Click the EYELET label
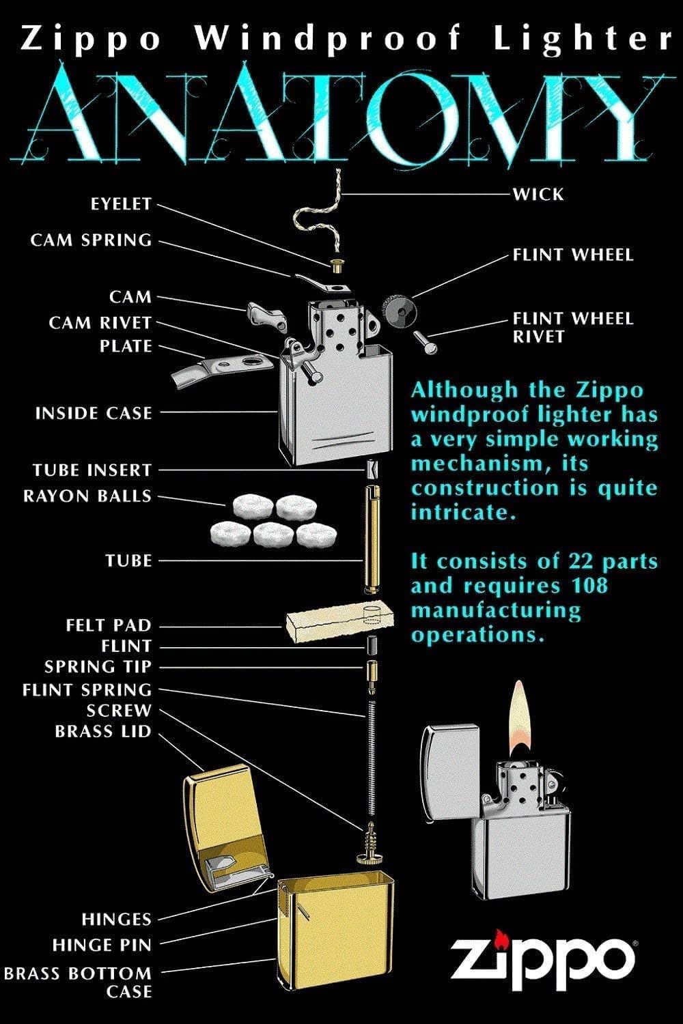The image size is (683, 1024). click(120, 204)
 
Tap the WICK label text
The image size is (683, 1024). click(538, 195)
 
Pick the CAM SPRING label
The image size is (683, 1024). click(91, 240)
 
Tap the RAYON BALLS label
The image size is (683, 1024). click(87, 496)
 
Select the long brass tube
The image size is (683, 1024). click(371, 539)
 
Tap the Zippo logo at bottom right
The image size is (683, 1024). click(542, 957)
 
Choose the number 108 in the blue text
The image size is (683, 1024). click(588, 586)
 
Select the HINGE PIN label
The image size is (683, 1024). click(102, 945)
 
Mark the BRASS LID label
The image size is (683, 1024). click(103, 731)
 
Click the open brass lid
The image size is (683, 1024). click(222, 826)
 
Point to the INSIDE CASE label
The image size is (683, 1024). click(94, 413)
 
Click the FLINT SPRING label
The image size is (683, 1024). click(87, 689)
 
